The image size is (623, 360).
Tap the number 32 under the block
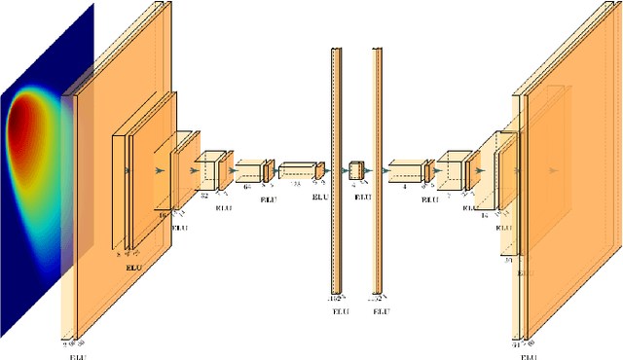pyautogui.click(x=203, y=195)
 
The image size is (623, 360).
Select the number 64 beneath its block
pyautogui.click(x=246, y=185)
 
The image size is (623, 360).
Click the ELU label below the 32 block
pyautogui.click(x=223, y=207)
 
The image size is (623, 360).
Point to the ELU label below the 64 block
pyautogui.click(x=268, y=198)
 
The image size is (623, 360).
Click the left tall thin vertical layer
pyautogui.click(x=336, y=170)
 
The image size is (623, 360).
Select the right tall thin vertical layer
pyautogui.click(x=376, y=170)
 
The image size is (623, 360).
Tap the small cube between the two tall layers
pyautogui.click(x=356, y=170)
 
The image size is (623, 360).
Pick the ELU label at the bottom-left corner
pyautogui.click(x=77, y=356)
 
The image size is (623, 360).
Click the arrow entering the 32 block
pyautogui.click(x=197, y=169)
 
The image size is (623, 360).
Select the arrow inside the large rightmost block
pyautogui.click(x=553, y=169)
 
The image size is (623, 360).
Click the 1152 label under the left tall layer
pyautogui.click(x=334, y=298)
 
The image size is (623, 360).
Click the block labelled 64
pyautogui.click(x=247, y=169)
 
